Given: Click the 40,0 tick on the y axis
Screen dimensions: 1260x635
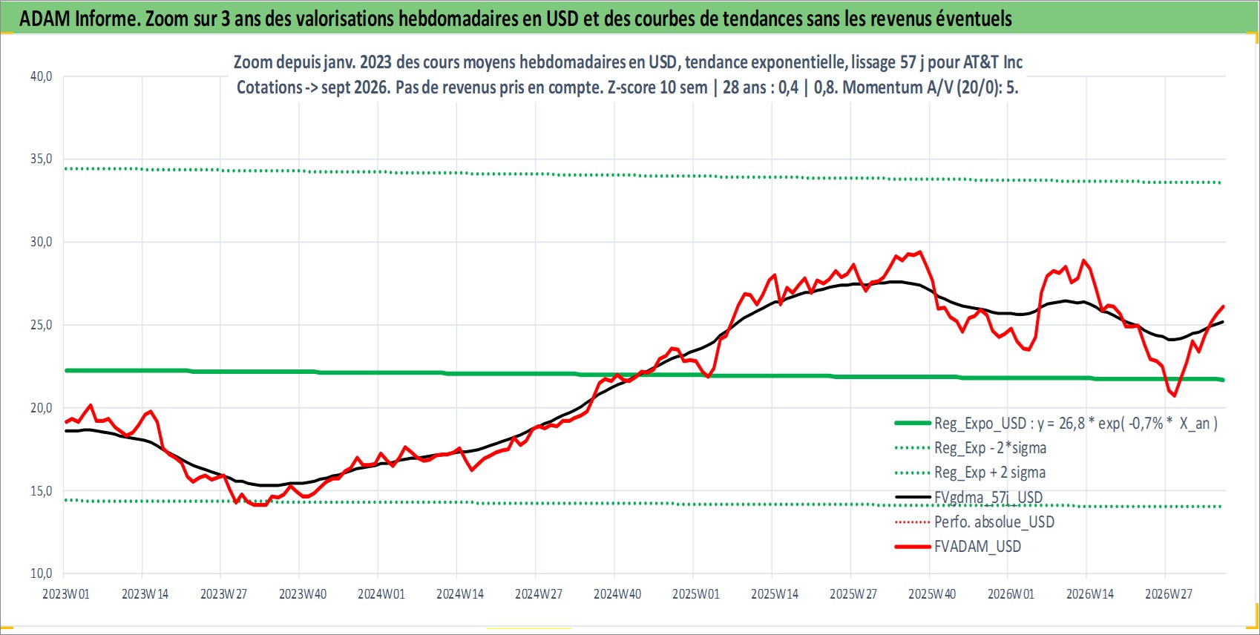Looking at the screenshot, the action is pos(41,76).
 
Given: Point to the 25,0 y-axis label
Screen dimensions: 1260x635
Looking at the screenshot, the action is pos(41,324).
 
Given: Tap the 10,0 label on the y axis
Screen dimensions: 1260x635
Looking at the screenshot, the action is pos(41,573).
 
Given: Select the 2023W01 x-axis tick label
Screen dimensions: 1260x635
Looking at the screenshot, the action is pos(66,594).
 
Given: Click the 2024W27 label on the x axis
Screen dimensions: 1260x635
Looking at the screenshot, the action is pos(538,594).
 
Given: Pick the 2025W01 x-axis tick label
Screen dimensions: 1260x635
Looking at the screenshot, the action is pos(696,594).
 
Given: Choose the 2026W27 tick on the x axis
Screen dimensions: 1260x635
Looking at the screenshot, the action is pos(1168,594).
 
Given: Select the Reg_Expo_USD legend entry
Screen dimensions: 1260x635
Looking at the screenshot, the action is pos(1056,423).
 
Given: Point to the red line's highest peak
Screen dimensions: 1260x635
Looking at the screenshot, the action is pos(919,251).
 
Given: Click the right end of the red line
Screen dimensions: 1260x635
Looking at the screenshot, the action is pos(1224,306).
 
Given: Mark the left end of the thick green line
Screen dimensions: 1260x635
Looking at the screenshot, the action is pos(66,370).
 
